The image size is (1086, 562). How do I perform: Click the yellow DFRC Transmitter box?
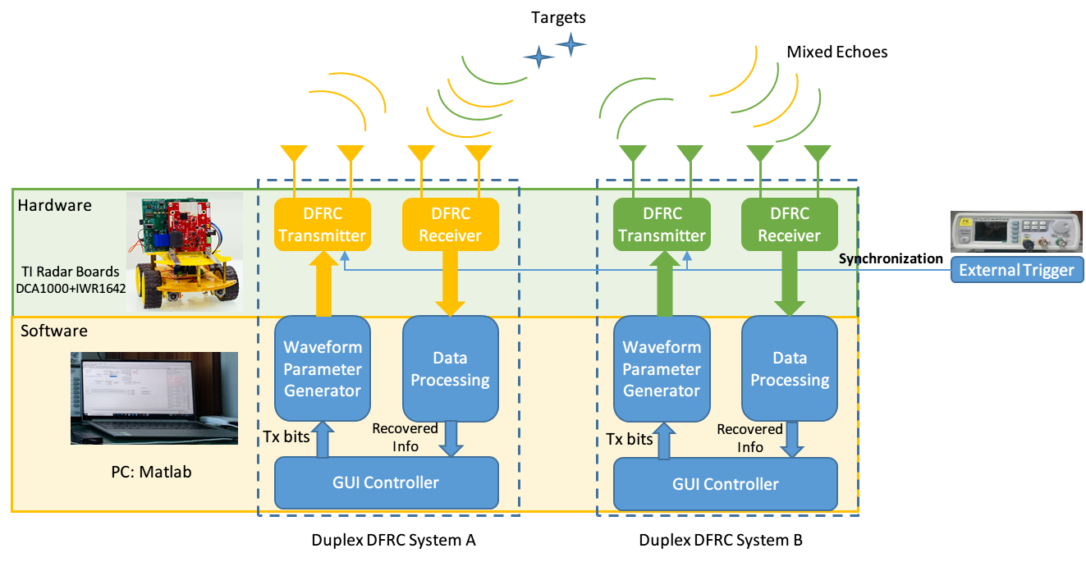pos(322,224)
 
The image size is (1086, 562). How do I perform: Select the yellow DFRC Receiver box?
pos(450,224)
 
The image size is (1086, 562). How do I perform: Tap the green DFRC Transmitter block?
pos(662,224)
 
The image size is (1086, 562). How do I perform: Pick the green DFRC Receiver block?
pos(789,224)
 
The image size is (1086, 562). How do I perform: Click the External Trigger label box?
pos(1016,270)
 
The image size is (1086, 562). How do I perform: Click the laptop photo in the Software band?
pos(154,398)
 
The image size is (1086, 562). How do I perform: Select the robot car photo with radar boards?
pos(184,251)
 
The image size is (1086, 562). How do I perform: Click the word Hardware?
pos(54,205)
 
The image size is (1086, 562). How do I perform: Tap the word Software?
pos(53,331)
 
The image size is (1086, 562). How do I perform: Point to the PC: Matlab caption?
pos(151,473)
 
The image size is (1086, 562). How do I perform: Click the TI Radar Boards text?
pos(71,272)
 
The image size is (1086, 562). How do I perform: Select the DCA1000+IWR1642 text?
pos(71,288)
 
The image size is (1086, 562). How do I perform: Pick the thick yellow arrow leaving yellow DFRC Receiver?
pos(450,283)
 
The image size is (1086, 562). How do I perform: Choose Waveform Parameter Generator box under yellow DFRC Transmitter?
pos(322,368)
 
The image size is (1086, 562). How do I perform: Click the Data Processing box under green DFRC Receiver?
pos(789,368)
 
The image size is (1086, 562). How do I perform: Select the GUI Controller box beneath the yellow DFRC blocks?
pos(386,482)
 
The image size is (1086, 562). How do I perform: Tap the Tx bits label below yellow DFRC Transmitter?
pos(286,436)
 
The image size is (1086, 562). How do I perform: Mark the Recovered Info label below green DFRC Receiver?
pos(749,438)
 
